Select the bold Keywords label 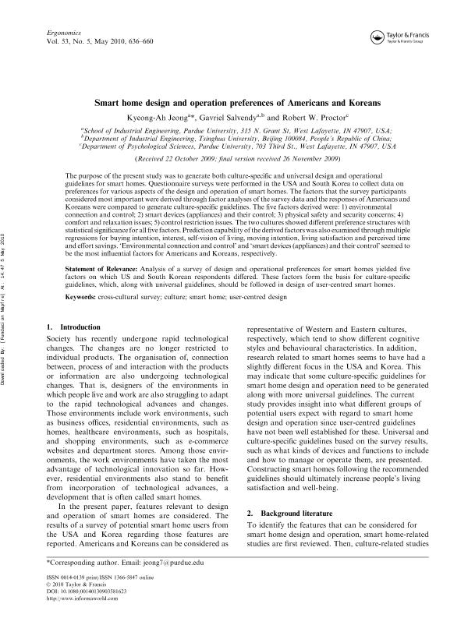(x=85, y=274)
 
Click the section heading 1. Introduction (x=73, y=305)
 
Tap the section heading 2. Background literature (x=295, y=515)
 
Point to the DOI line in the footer (x=93, y=592)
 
